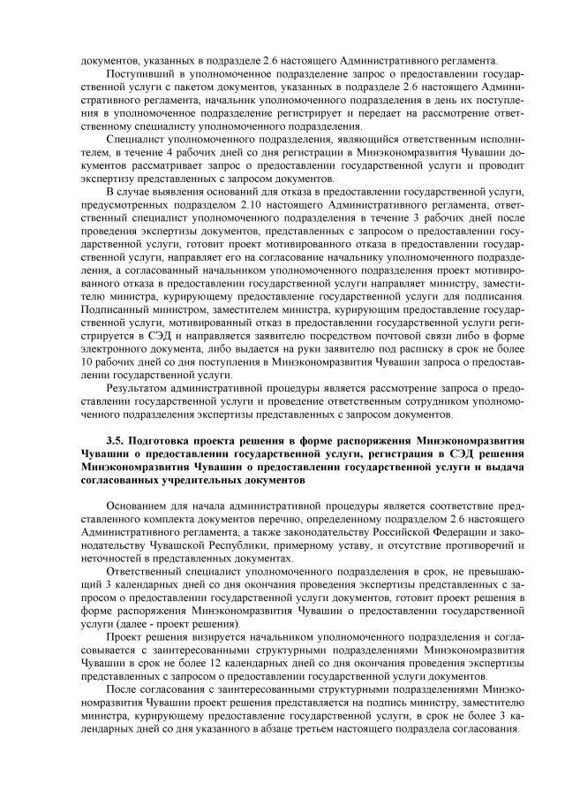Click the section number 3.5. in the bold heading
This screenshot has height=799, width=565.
click(116, 438)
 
